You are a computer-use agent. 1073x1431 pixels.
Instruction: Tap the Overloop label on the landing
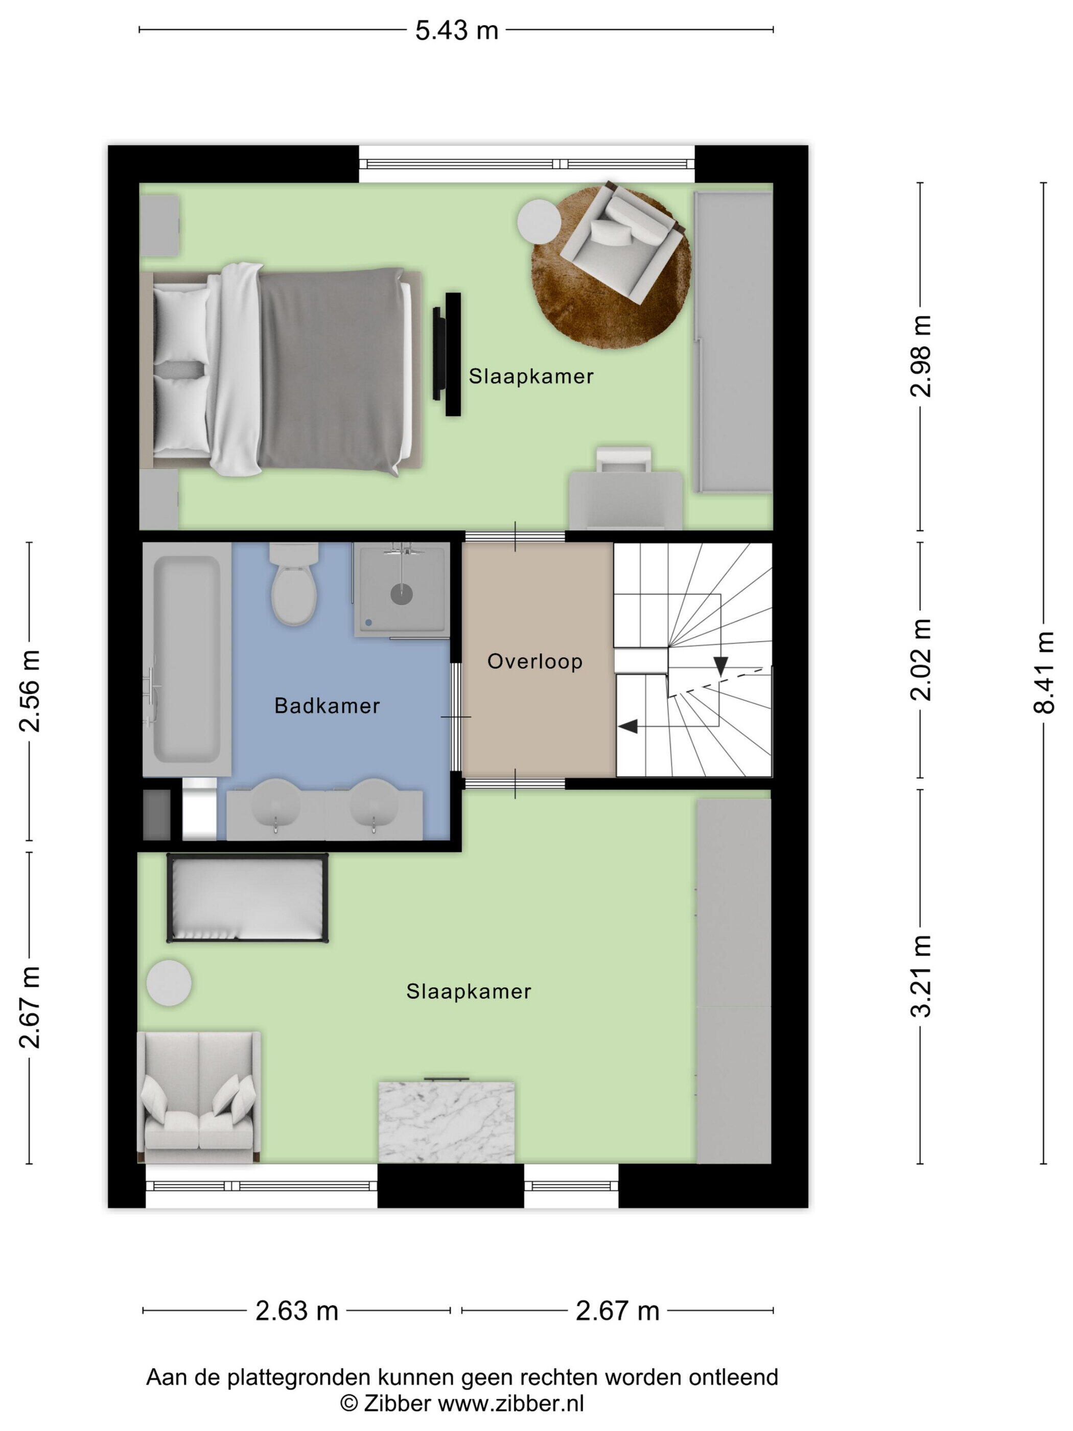(535, 661)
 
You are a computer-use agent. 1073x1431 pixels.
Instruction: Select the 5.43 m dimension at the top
(457, 30)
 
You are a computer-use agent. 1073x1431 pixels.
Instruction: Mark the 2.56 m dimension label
(30, 691)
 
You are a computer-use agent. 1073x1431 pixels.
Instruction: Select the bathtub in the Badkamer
(187, 659)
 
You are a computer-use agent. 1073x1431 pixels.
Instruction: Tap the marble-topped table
(446, 1121)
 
